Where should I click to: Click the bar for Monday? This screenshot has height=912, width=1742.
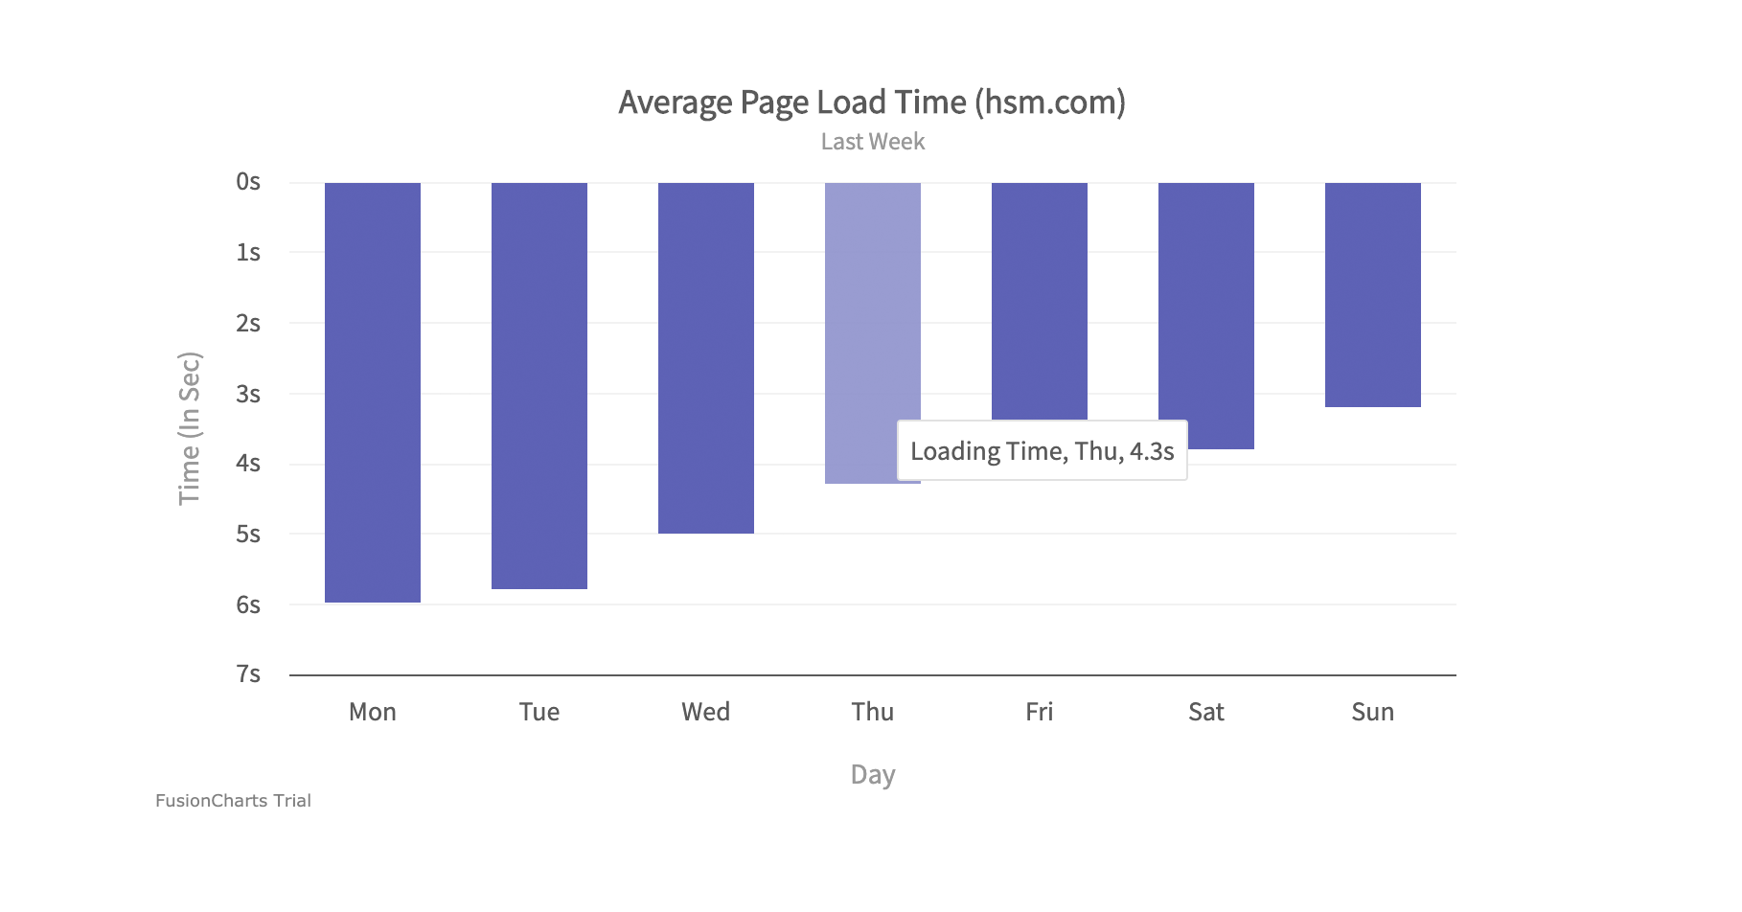pos(373,392)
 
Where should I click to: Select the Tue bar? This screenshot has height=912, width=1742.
pos(539,385)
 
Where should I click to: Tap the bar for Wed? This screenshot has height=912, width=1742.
pos(706,357)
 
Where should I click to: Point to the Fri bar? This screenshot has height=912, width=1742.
pos(1040,300)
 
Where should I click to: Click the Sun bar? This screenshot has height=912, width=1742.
pos(1373,294)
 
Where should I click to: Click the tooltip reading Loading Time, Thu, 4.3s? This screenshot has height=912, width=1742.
pos(1042,450)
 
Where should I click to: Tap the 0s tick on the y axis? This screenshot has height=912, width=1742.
pos(248,182)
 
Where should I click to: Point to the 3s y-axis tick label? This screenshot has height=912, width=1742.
pos(248,394)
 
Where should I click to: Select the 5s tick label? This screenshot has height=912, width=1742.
pos(248,534)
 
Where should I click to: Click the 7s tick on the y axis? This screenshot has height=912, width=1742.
pos(248,674)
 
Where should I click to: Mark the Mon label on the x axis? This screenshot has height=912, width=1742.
pos(373,712)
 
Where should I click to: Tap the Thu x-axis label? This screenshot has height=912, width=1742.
pos(873,712)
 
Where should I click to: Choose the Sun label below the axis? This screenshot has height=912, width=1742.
pos(1373,712)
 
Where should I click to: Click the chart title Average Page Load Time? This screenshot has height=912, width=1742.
pos(872,103)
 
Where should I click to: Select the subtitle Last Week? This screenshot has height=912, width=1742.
pos(872,142)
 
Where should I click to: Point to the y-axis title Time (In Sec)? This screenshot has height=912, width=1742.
pos(190,428)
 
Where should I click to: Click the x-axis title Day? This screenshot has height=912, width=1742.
pos(873,774)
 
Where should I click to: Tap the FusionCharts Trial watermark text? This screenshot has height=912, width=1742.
pos(233,801)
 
